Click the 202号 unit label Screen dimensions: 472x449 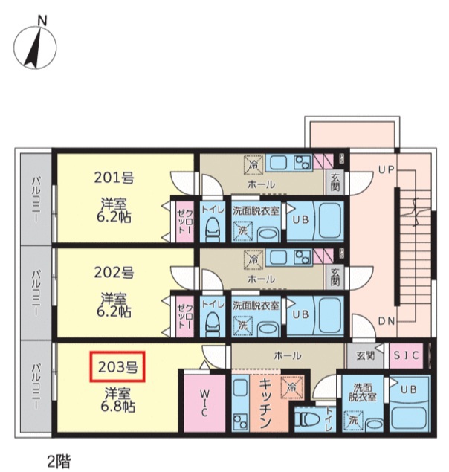pyautogui.click(x=114, y=271)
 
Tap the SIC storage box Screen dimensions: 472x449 pyautogui.click(x=406, y=356)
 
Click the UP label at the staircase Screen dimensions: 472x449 pyautogui.click(x=385, y=170)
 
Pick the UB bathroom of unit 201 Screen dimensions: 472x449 pyautogui.click(x=300, y=220)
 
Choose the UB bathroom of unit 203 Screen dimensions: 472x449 pyautogui.click(x=407, y=389)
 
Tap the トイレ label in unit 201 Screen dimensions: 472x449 pyautogui.click(x=213, y=210)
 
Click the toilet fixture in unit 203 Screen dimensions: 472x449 pyautogui.click(x=306, y=421)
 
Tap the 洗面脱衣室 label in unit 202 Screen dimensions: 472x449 pyautogui.click(x=255, y=305)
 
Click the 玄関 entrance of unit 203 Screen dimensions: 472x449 pyautogui.click(x=365, y=356)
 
